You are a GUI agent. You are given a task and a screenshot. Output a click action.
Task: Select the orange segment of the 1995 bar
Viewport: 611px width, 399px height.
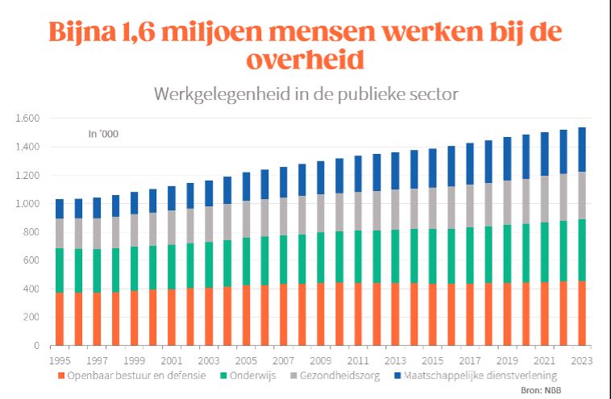tap(59, 319)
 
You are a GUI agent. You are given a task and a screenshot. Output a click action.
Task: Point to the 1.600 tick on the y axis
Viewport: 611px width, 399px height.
tap(27, 118)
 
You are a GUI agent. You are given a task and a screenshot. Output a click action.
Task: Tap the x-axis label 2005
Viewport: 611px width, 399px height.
tap(246, 360)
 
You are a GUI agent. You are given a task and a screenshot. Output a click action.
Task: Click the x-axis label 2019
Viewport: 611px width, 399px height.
tap(507, 360)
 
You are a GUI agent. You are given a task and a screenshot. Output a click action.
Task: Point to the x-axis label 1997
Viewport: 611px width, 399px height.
tap(97, 360)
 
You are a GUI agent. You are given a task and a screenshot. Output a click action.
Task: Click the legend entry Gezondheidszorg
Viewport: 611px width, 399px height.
tap(347, 376)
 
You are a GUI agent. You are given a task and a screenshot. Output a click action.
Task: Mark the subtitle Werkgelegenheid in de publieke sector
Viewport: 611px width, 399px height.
tap(305, 94)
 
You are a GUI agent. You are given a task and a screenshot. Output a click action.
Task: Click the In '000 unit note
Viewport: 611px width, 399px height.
tap(103, 135)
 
